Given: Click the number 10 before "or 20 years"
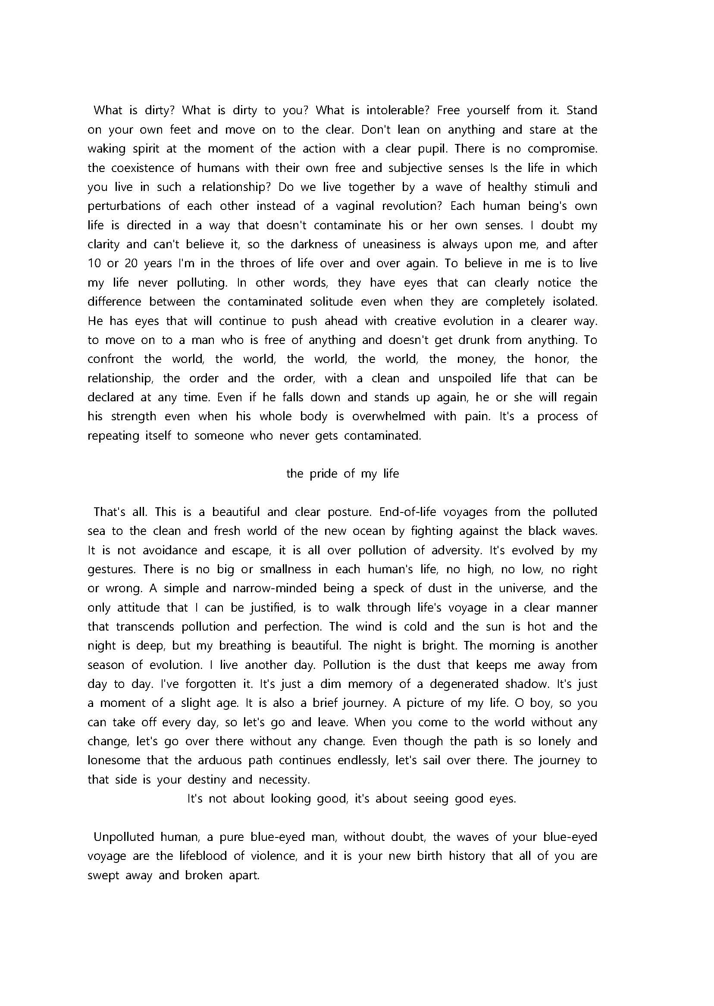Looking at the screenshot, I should (94, 263).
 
